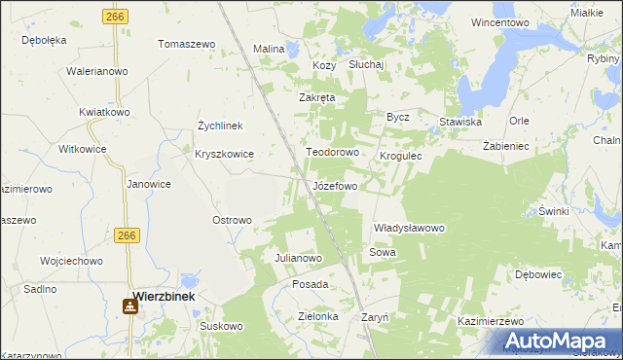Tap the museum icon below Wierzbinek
tap(129, 307)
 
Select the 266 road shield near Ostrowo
tap(127, 235)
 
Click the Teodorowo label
tap(333, 153)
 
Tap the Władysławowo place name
tap(409, 228)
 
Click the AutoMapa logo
tap(562, 342)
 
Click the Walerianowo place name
tap(97, 71)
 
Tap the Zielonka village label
tap(317, 316)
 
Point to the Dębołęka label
tap(44, 40)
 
